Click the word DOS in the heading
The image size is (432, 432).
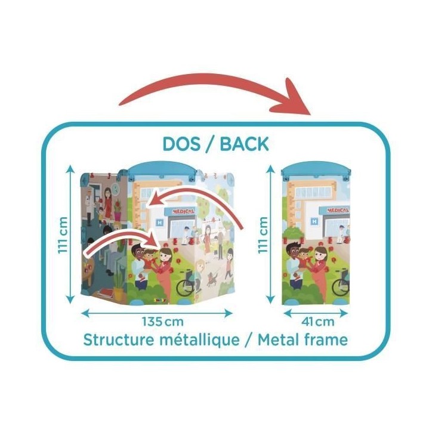tap(181, 144)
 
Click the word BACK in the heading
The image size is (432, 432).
tap(245, 144)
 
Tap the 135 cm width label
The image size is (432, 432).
tap(162, 322)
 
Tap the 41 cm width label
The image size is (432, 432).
tap(317, 322)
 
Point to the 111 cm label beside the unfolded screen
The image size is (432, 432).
tap(63, 234)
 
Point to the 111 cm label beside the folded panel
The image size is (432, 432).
tap(263, 234)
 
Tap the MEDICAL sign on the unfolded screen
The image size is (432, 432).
tap(183, 211)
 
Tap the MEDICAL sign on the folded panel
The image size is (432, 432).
tap(338, 210)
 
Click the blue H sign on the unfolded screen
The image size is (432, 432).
tap(159, 222)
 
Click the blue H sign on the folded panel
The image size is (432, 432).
tap(314, 221)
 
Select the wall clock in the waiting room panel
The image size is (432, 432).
tap(116, 189)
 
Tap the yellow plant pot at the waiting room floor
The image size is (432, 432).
tap(119, 294)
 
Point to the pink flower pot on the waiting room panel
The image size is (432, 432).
tap(118, 216)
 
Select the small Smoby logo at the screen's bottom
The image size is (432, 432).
tap(161, 300)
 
